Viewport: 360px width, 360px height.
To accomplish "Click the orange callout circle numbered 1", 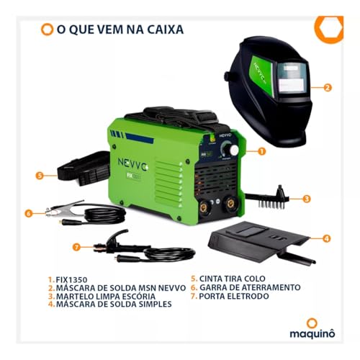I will [261, 152].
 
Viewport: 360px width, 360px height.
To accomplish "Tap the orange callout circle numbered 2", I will [327, 88].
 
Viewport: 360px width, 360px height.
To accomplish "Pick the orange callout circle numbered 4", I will [327, 238].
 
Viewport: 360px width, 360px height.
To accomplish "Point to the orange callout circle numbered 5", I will [40, 174].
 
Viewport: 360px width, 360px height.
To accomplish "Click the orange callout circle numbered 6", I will [28, 212].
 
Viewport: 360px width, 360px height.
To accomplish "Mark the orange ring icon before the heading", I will [47, 30].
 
